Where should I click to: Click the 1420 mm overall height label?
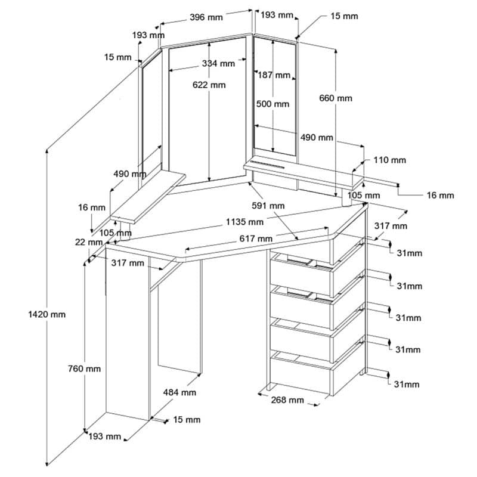[47, 314]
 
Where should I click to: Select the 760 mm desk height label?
[84, 368]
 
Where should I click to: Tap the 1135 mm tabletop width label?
[244, 222]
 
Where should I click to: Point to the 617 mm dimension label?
[256, 238]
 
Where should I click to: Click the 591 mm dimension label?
[268, 206]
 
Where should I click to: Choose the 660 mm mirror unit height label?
[336, 98]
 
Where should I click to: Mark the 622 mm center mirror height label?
[209, 85]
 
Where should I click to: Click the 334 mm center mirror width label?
[218, 63]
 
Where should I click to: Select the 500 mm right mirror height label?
[272, 104]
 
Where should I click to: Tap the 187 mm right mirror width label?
[274, 75]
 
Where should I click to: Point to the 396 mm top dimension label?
[206, 17]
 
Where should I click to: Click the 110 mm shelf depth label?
[390, 160]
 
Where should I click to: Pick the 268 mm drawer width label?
[287, 399]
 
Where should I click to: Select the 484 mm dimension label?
[179, 392]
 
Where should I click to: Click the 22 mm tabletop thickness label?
[89, 242]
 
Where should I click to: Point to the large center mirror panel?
[207, 111]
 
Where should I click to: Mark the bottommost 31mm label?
[407, 384]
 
